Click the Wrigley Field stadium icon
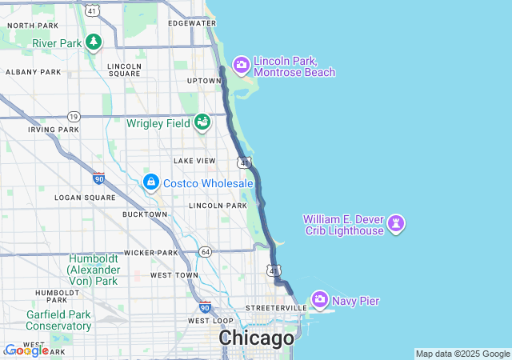point(202,122)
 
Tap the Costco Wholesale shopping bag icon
point(150,183)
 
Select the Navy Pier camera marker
point(320,300)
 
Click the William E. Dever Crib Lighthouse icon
point(397,224)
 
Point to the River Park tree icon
point(94,42)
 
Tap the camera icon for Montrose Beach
point(242,65)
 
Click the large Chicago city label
point(257,338)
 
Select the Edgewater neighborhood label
point(193,23)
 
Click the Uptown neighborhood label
point(203,81)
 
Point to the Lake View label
point(194,161)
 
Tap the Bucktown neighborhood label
point(145,214)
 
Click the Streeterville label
point(276,307)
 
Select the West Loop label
point(210,321)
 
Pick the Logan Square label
point(80,197)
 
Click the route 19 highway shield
point(74,116)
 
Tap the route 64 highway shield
point(205,252)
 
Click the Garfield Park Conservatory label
point(58,320)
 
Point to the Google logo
point(26,350)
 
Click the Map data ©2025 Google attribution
point(462,354)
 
